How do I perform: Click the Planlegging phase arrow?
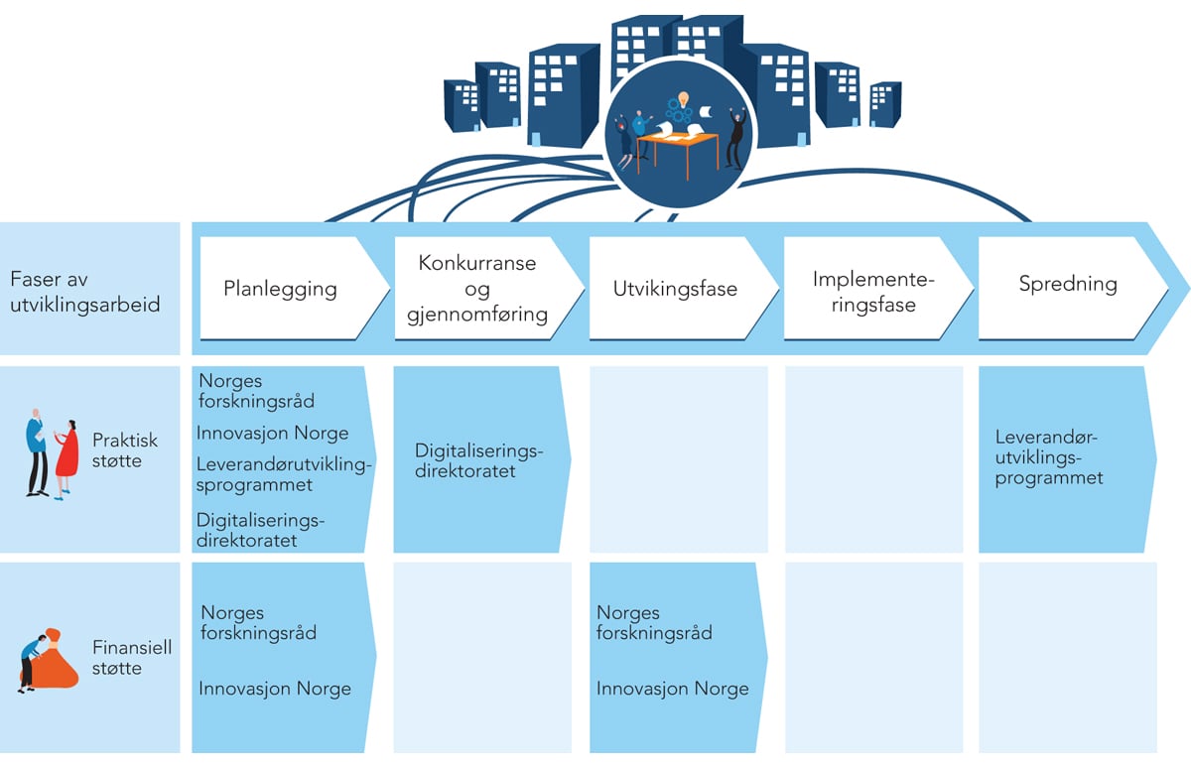pos(281,289)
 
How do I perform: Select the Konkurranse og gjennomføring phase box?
pos(477,289)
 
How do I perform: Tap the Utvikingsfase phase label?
pos(676,290)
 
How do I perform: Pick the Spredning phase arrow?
pos(1068,285)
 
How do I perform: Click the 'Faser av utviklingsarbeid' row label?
pos(84,292)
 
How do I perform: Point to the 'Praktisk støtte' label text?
pos(125,450)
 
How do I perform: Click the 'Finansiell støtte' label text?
pos(131,658)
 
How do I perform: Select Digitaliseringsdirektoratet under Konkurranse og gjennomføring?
pos(479,461)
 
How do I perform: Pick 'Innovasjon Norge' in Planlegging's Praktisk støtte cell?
pos(273,433)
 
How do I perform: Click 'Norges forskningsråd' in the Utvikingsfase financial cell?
pos(654,622)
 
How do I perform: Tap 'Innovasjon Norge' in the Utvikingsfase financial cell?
pos(672,689)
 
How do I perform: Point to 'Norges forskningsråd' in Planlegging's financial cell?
pos(258,622)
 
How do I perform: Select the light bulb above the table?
pos(683,100)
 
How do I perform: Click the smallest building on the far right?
pos(884,104)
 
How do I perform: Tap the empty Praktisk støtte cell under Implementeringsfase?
pos(873,459)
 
